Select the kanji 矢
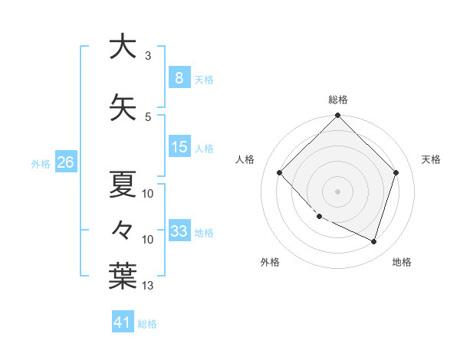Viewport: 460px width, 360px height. click(122, 107)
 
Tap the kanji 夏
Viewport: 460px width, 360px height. click(122, 184)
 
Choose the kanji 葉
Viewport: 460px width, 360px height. click(122, 275)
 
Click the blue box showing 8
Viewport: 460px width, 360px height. click(179, 77)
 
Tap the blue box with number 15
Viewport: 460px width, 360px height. click(179, 147)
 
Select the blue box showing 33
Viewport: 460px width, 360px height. click(179, 231)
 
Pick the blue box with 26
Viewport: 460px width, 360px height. click(65, 162)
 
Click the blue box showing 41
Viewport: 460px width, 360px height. click(123, 322)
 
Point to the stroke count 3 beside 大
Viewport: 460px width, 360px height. click(148, 56)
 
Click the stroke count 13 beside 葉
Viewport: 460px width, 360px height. click(148, 286)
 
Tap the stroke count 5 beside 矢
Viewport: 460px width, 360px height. click(148, 116)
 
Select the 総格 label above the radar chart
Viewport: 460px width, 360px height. click(338, 100)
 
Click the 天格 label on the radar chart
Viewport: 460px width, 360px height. click(431, 159)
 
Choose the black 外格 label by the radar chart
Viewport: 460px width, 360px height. click(270, 262)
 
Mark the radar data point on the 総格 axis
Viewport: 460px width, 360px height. click(338, 116)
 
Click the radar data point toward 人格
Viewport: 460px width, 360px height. click(280, 172)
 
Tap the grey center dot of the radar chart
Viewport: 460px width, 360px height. click(338, 191)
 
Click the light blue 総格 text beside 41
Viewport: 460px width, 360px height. click(147, 324)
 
